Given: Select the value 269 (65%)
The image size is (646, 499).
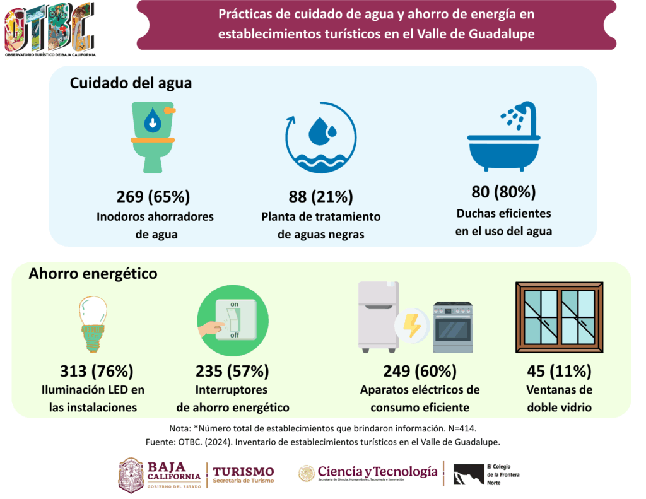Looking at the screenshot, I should (x=153, y=196).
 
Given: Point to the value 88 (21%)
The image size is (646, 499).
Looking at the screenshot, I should (x=320, y=196).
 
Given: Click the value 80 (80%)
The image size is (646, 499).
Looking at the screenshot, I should (x=503, y=192).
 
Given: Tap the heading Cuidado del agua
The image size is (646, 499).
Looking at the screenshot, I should (x=131, y=83).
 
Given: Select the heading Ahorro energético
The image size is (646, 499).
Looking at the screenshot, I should (x=93, y=274).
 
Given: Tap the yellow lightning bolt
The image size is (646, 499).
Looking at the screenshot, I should (x=412, y=326).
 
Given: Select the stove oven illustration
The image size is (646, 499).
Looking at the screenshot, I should (x=453, y=327).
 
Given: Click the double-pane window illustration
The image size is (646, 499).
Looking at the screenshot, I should (x=559, y=317).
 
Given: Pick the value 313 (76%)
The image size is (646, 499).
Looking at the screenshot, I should (x=97, y=370).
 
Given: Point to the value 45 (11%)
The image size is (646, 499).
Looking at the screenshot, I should (x=559, y=370).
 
